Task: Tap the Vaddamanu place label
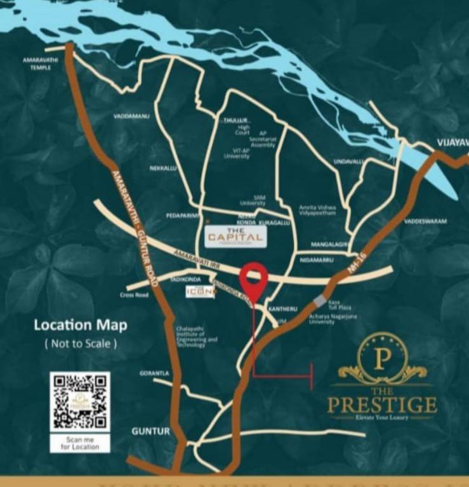pos(131,116)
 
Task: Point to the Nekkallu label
pos(163,168)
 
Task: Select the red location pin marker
pos(253,278)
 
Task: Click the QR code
pos(80,401)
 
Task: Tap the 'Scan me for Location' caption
pos(80,443)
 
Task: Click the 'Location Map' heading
pos(80,325)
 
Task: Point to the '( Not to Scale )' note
pos(80,344)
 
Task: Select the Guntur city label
pos(150,431)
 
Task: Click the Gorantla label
pos(154,373)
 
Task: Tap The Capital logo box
pos(235,237)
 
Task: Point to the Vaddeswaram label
pos(425,221)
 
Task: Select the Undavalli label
pos(349,162)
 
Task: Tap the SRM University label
pos(253,200)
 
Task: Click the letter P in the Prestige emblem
pos(381,359)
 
